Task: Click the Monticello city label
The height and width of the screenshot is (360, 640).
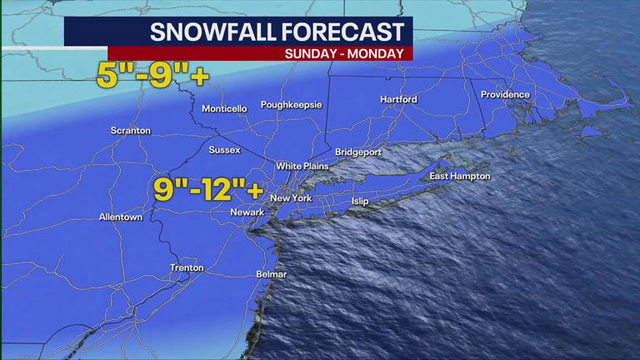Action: (x=224, y=109)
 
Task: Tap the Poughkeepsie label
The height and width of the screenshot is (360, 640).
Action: (x=291, y=105)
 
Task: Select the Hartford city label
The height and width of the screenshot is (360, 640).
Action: (x=398, y=100)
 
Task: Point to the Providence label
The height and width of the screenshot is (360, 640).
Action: (x=505, y=95)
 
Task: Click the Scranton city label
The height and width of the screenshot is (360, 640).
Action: (x=131, y=131)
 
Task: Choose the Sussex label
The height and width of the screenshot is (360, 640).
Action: (x=224, y=150)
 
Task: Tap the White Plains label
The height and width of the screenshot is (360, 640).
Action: (x=302, y=166)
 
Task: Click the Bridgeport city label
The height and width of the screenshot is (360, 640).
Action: (x=358, y=152)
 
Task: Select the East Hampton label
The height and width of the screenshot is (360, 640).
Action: (x=460, y=177)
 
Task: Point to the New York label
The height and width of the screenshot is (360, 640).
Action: (x=291, y=198)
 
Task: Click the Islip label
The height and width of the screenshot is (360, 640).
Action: (x=359, y=202)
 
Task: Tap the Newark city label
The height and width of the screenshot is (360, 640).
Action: (x=247, y=212)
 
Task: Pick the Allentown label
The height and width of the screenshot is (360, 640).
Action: (x=121, y=217)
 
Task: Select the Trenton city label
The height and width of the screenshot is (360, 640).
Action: (x=187, y=268)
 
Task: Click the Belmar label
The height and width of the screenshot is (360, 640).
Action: (x=272, y=275)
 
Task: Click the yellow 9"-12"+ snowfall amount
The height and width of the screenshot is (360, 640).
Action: (x=208, y=189)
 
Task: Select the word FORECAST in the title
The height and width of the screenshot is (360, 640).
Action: (x=342, y=32)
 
